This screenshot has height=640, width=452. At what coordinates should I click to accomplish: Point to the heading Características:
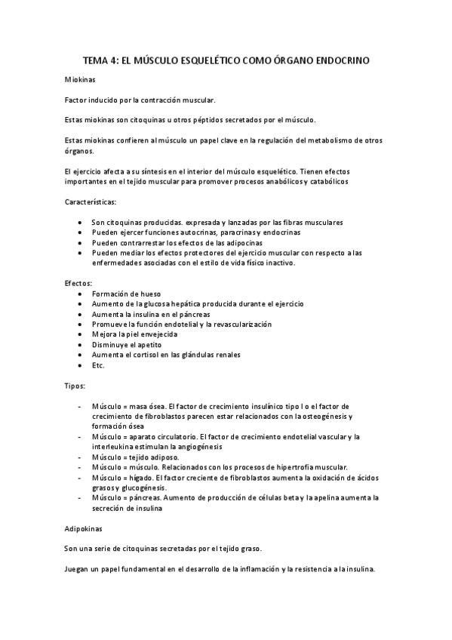pyautogui.click(x=91, y=202)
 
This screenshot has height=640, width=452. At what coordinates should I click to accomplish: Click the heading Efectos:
pyautogui.click(x=78, y=282)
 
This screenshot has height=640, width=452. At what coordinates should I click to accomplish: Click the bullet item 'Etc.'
pyautogui.click(x=98, y=365)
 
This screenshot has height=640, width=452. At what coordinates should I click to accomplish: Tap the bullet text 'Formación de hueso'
pyautogui.click(x=126, y=293)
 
